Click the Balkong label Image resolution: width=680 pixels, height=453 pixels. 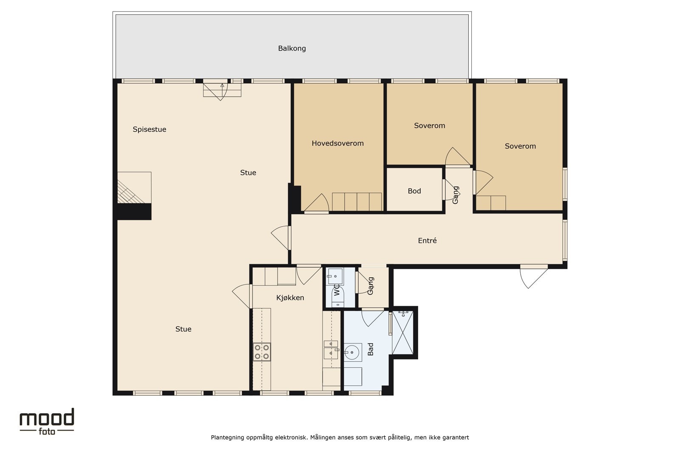click(x=292, y=48)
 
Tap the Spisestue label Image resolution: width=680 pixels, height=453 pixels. click(x=149, y=129)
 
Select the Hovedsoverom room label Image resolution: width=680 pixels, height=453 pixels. click(x=337, y=143)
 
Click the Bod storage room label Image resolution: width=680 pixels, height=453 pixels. click(x=414, y=191)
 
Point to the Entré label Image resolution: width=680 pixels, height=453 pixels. click(x=427, y=240)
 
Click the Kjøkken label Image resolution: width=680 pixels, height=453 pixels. click(x=290, y=298)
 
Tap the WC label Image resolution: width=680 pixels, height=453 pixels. click(x=337, y=290)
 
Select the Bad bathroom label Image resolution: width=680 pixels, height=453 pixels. click(x=370, y=349)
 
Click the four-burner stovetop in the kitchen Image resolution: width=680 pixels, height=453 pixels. click(x=262, y=352)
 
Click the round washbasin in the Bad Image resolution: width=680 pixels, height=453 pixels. click(x=352, y=352)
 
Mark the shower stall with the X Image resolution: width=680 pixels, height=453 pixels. click(x=402, y=332)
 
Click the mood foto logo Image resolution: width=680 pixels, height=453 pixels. click(x=47, y=422)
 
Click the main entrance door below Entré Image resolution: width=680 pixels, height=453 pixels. click(x=533, y=276)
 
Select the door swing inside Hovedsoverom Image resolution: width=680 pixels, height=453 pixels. click(x=316, y=203)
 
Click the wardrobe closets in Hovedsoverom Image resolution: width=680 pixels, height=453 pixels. click(x=357, y=202)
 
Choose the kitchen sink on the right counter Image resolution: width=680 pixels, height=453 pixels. click(x=331, y=349)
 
